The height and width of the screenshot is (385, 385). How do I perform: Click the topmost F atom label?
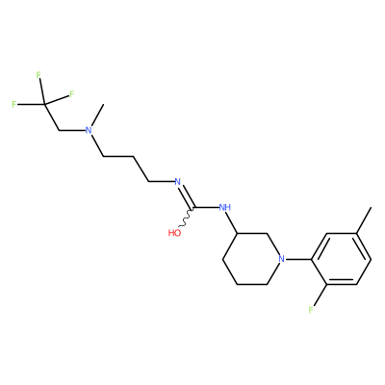pos(38,75)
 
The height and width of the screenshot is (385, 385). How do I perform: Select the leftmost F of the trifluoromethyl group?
pos(14,104)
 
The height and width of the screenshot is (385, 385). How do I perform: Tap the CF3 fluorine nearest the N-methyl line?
pos(71,93)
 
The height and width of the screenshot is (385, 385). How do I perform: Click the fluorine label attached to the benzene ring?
pos(311,310)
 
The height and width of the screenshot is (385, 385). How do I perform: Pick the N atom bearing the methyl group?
pos(89,131)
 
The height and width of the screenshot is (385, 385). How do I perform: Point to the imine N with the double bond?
pos(177,182)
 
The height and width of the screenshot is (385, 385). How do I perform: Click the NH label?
pos(224,207)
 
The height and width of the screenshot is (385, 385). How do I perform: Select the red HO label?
pos(174,233)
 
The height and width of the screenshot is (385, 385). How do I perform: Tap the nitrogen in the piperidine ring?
pos(282,259)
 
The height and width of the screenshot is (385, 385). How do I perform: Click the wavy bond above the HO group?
pos(186,218)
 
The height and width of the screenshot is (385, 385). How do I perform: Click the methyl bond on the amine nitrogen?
pos(97,115)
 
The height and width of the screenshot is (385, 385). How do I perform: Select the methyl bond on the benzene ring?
pos(364,220)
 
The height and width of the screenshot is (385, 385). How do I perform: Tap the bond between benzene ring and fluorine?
pos(320,295)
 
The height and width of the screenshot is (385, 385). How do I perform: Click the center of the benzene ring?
pos(342,259)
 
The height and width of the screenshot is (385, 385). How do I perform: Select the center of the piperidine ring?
pos(252,259)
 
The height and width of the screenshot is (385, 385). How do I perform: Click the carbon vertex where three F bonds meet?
pos(44,104)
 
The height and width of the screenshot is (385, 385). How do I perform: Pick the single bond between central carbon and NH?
pos(206,207)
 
